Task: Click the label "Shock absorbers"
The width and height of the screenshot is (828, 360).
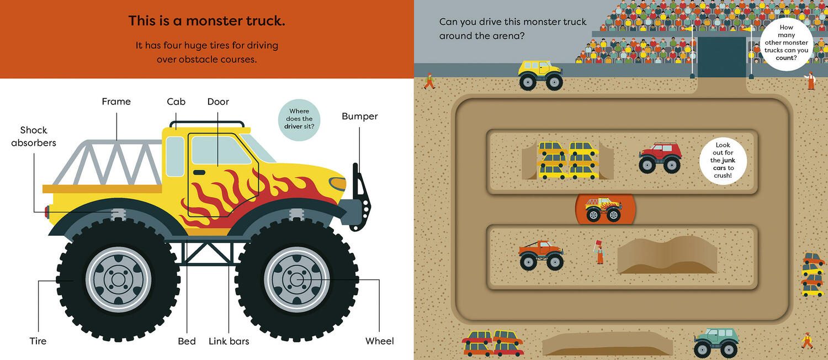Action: (34, 136)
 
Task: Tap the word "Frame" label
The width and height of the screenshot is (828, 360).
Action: (116, 102)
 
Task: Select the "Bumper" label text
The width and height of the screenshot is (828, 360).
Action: (359, 117)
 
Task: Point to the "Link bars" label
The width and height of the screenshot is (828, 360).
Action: (229, 341)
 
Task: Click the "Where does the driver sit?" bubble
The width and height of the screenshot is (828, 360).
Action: (300, 119)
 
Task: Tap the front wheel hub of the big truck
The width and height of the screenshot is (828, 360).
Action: (296, 279)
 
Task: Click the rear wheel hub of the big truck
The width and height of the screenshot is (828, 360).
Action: (118, 279)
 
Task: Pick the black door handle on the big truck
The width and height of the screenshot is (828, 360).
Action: (199, 172)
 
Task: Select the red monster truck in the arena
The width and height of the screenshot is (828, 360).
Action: (660, 157)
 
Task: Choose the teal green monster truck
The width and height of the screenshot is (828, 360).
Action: (716, 341)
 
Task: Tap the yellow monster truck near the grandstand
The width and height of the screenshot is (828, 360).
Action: (540, 75)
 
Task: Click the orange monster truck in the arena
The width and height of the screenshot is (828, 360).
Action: (541, 255)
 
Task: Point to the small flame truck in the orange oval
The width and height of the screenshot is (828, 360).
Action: (604, 209)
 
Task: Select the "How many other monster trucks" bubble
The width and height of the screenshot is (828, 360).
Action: (786, 43)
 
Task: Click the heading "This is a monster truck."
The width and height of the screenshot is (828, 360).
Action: (206, 21)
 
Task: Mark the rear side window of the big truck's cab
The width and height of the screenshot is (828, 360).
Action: (175, 156)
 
